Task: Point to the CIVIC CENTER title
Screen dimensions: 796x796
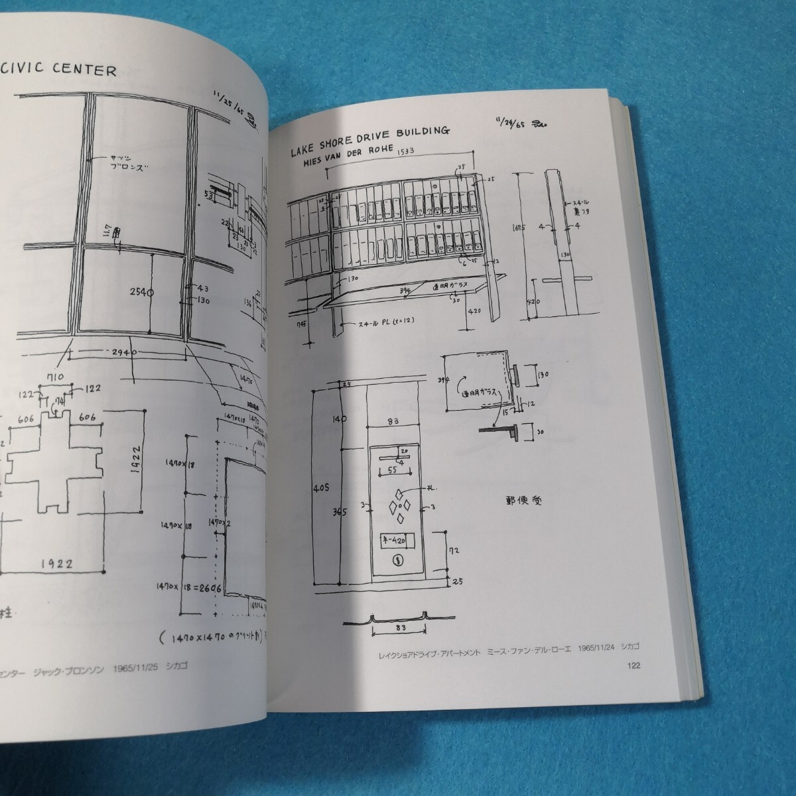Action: click(x=59, y=68)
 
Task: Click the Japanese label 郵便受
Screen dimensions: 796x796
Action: click(x=523, y=500)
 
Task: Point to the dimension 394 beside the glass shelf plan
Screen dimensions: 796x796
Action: click(x=434, y=383)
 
